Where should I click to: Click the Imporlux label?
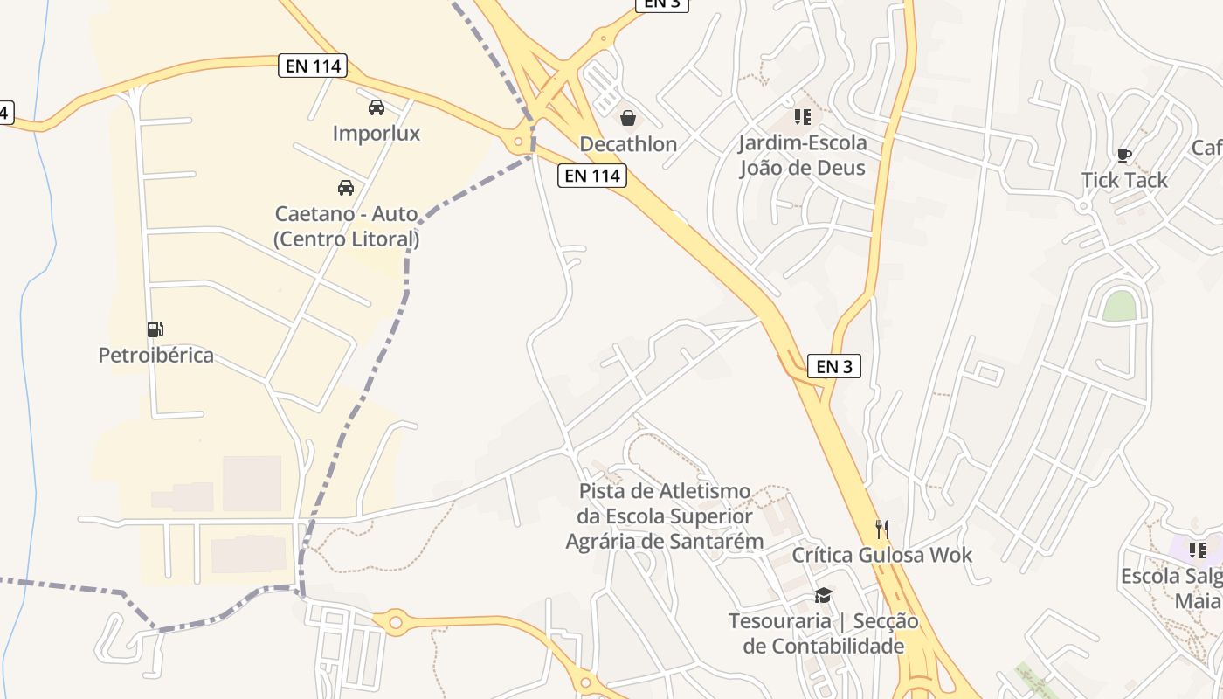coord(377,134)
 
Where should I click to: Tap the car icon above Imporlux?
coord(377,107)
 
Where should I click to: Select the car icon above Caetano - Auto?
coord(346,188)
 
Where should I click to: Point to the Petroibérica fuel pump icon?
coord(155,329)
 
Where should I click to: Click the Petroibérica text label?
coord(155,356)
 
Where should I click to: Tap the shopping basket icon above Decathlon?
coord(628,118)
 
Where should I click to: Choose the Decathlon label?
coord(628,144)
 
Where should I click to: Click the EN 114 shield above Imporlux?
coord(313,66)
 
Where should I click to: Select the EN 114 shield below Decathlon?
coord(592,176)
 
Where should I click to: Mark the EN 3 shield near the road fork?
coord(834,366)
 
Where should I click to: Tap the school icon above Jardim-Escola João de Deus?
coord(802,117)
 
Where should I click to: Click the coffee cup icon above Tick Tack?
coord(1123,156)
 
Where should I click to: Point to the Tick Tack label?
coord(1124,181)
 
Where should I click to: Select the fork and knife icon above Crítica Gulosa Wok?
coord(882,529)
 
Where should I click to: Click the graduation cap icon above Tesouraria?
coord(823,596)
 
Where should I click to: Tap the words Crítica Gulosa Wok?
coord(882,555)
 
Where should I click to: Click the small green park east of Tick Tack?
coord(1118,306)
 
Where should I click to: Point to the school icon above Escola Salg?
coord(1197,550)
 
